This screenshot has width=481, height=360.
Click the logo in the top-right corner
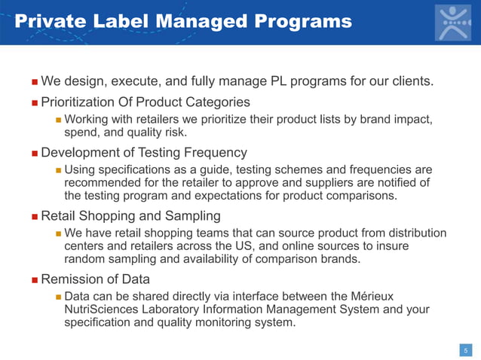452,23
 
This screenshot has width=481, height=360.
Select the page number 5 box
466,349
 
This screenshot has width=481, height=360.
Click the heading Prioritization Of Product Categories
145,102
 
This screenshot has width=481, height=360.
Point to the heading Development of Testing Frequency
143,153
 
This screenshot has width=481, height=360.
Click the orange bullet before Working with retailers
58,121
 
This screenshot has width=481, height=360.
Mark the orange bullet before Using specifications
58,170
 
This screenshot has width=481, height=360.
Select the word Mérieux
369,296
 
